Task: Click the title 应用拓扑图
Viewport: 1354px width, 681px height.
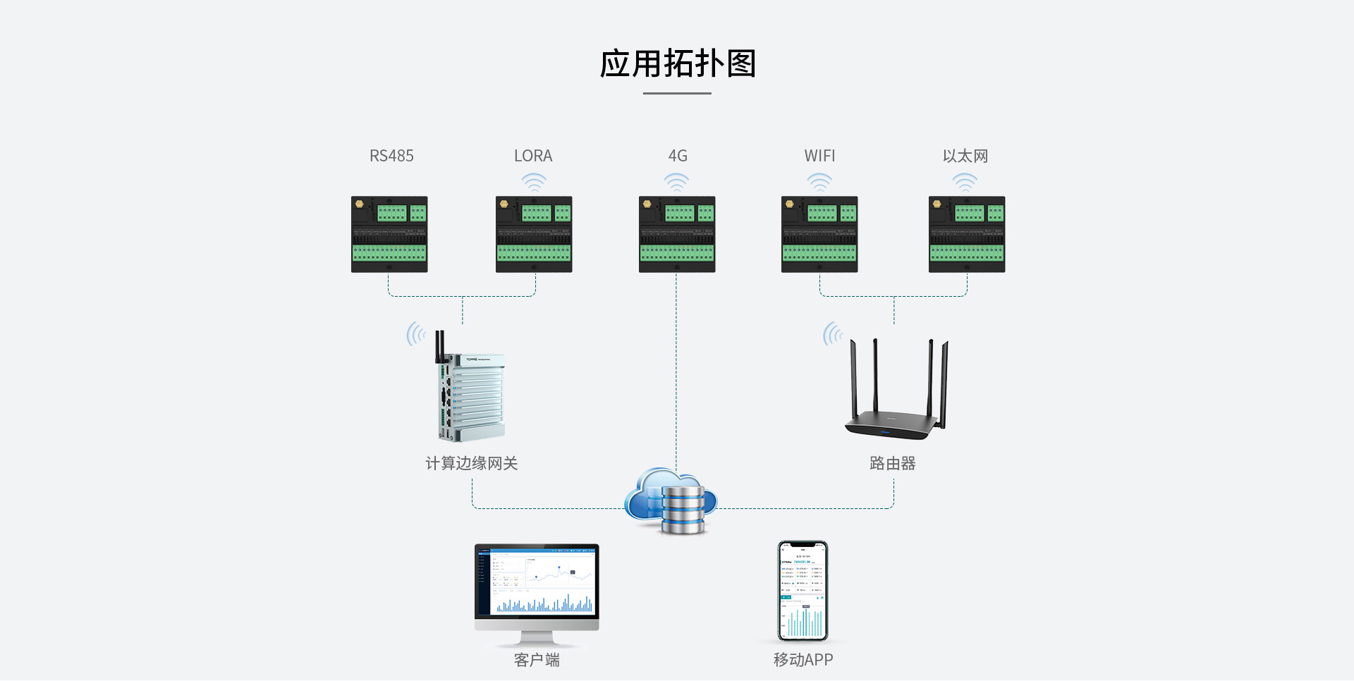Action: pyautogui.click(x=677, y=64)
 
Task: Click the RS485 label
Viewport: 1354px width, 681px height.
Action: pyautogui.click(x=391, y=156)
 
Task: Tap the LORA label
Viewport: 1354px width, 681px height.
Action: pyautogui.click(x=533, y=156)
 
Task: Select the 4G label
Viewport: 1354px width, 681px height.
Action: pyautogui.click(x=677, y=156)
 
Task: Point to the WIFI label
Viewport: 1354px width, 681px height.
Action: pyautogui.click(x=819, y=156)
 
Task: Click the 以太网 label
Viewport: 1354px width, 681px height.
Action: pyautogui.click(x=965, y=156)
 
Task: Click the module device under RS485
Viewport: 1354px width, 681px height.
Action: pyautogui.click(x=389, y=234)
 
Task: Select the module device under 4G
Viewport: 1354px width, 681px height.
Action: pyautogui.click(x=677, y=234)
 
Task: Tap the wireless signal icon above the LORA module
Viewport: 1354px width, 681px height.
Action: pyautogui.click(x=534, y=183)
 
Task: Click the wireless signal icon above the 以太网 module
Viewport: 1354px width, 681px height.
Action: pyautogui.click(x=965, y=183)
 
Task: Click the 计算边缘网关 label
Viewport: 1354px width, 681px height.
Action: pyautogui.click(x=471, y=463)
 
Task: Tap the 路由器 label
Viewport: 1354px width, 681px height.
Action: pyautogui.click(x=892, y=463)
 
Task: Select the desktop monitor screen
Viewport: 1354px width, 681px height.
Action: pyautogui.click(x=537, y=580)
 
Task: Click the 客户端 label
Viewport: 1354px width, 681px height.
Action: pyautogui.click(x=537, y=660)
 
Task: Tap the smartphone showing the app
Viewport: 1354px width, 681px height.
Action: pyautogui.click(x=803, y=591)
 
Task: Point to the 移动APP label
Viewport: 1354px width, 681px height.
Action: pyautogui.click(x=803, y=660)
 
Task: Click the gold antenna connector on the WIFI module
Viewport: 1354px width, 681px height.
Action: pyautogui.click(x=790, y=204)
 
